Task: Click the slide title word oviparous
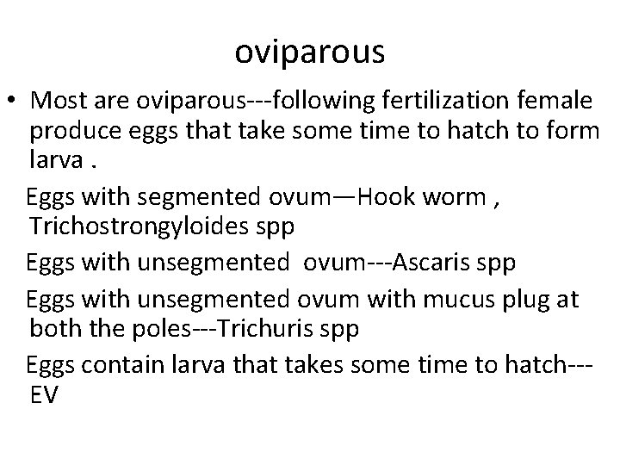(x=310, y=53)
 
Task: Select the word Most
(x=59, y=102)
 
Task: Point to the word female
(x=561, y=102)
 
